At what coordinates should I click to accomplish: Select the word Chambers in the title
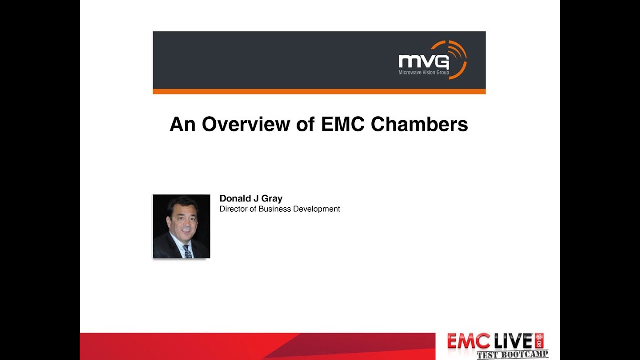pyautogui.click(x=419, y=124)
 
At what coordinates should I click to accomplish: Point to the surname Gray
pyautogui.click(x=272, y=199)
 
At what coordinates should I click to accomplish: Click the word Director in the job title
pyautogui.click(x=233, y=209)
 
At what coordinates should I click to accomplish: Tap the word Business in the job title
pyautogui.click(x=274, y=209)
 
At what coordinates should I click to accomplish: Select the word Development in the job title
pyautogui.click(x=316, y=209)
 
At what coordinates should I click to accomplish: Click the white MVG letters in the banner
pyautogui.click(x=423, y=62)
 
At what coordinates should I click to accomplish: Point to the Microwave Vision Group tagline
pyautogui.click(x=423, y=73)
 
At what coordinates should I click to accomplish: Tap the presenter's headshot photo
pyautogui.click(x=181, y=226)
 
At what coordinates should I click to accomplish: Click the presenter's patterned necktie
pyautogui.click(x=187, y=251)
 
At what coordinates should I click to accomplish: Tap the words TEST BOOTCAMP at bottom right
pyautogui.click(x=512, y=355)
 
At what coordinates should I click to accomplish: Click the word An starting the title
pyautogui.click(x=182, y=124)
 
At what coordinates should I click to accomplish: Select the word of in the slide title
pyautogui.click(x=305, y=124)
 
